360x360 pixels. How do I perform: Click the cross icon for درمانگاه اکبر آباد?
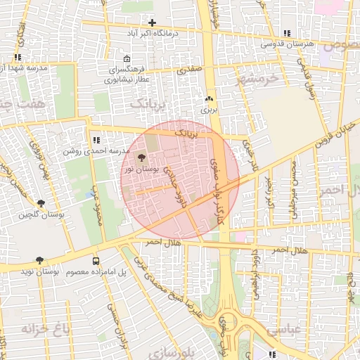[152, 23]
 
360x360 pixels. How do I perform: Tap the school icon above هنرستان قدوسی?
[286, 33]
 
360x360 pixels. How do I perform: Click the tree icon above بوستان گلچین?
[41, 203]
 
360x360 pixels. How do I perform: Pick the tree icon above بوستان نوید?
[39, 260]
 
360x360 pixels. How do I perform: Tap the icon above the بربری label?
[209, 99]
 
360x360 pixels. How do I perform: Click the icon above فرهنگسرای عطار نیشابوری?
[126, 59]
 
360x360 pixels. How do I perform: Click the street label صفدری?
[189, 70]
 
